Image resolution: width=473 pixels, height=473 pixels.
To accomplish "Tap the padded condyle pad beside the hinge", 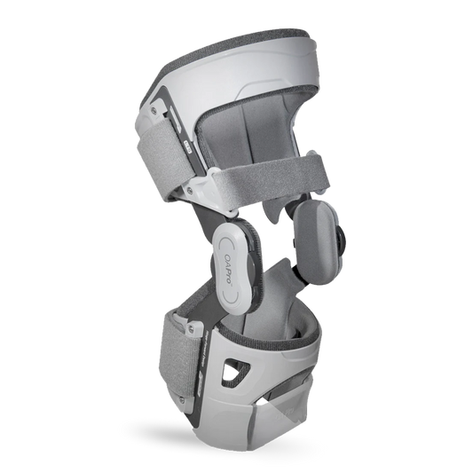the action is click(313, 243).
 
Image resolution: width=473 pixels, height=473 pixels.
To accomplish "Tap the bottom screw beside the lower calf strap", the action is click(181, 400).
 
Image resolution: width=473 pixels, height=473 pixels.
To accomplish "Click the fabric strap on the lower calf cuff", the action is click(177, 362).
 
